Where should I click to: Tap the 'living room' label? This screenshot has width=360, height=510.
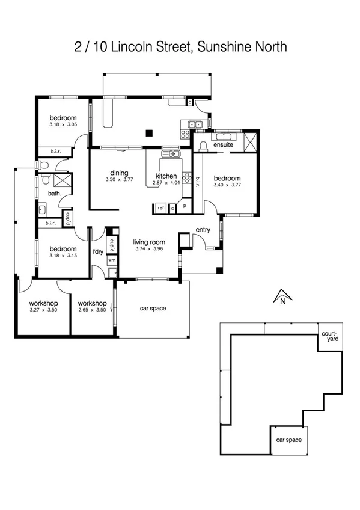[148, 242]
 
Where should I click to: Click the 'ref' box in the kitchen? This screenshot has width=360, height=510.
[160, 208]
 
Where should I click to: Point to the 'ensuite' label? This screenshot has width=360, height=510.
[224, 144]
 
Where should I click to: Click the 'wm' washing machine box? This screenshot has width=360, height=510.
[111, 260]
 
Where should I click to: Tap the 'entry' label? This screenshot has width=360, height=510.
[203, 230]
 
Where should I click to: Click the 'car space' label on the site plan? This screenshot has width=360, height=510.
[288, 439]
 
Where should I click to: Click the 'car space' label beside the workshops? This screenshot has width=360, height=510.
[153, 309]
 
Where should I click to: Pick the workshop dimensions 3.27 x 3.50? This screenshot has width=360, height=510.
[43, 310]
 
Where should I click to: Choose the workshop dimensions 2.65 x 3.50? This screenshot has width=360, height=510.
[92, 310]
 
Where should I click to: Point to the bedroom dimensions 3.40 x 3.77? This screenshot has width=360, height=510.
[227, 185]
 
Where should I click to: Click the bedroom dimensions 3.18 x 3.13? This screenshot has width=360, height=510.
[63, 256]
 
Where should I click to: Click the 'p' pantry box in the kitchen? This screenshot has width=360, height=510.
[184, 206]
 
